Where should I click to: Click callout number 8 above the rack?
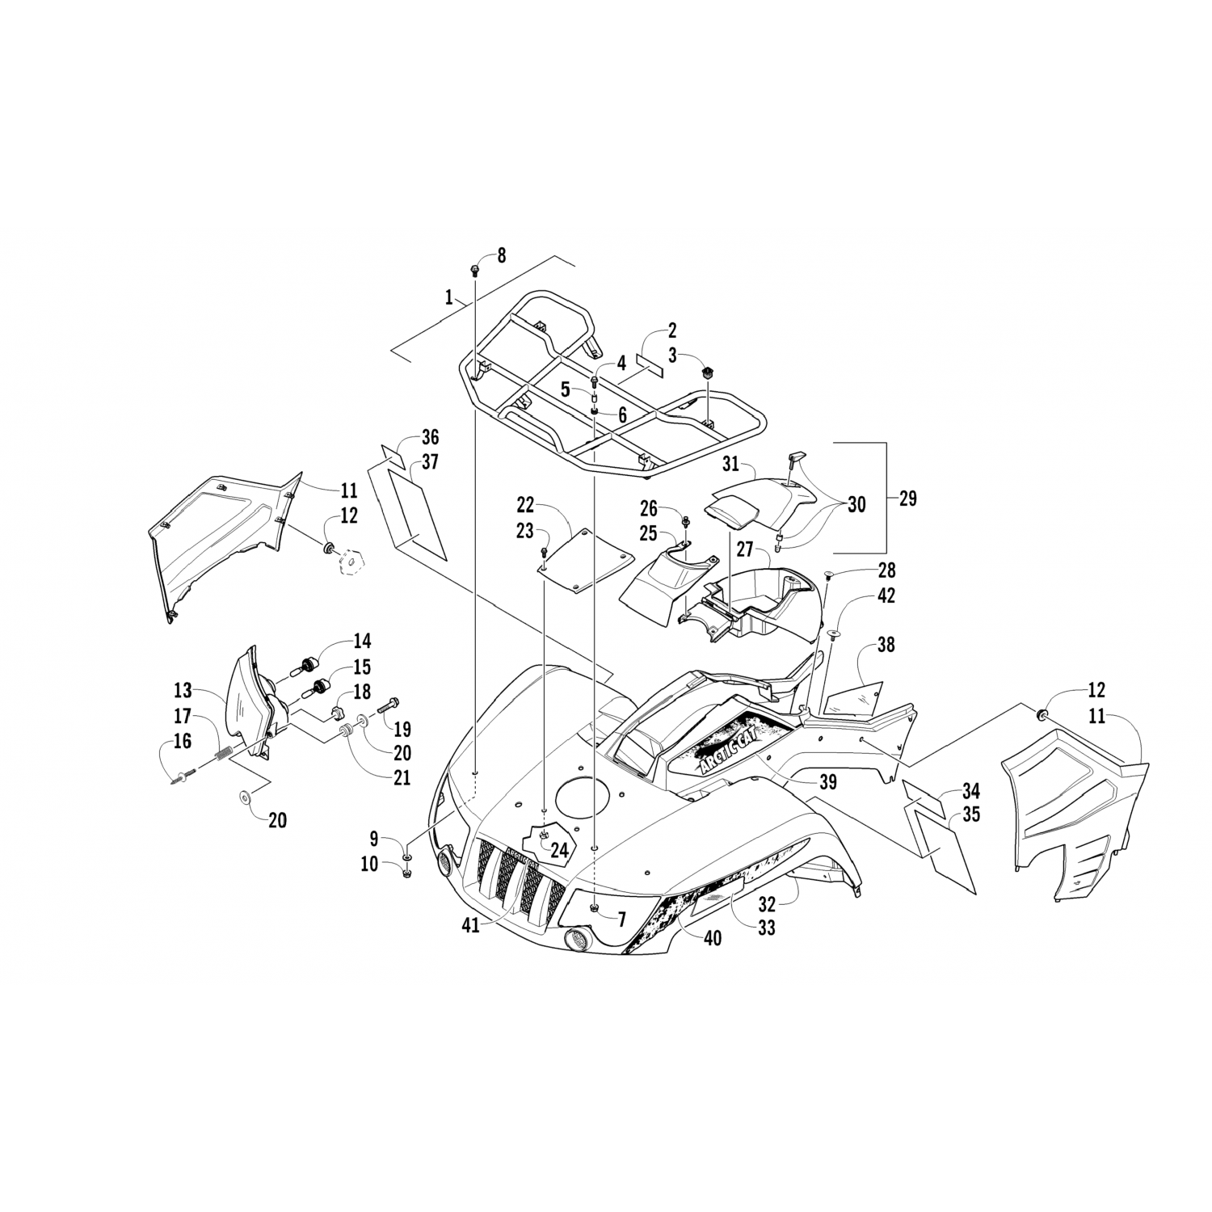pos(501,255)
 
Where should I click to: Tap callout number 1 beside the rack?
pos(448,297)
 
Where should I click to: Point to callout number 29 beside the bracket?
pos(907,499)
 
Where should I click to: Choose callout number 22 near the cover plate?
pos(526,505)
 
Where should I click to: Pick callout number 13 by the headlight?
pos(183,690)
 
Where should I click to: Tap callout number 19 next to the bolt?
pos(402,729)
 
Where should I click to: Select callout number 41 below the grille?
pos(471,926)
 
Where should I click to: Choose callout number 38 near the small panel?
pos(886,645)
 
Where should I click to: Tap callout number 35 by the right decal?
pos(971,814)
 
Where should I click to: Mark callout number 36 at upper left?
pos(430,437)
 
